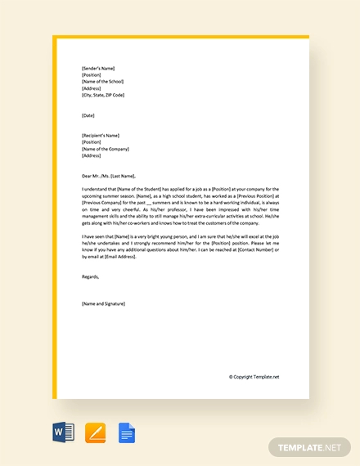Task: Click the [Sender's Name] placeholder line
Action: tap(98, 69)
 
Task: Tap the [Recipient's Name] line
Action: tap(101, 135)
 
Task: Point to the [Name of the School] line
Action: tap(101, 82)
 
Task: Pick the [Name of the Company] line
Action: tap(104, 148)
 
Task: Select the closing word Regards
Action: tap(91, 276)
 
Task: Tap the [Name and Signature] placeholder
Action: tap(104, 303)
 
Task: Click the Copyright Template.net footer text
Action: tap(254, 377)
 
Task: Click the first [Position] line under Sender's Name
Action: tap(92, 75)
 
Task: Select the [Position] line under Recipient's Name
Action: tap(92, 141)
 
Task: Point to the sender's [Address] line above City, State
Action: tap(91, 88)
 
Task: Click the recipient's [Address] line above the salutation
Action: tap(91, 155)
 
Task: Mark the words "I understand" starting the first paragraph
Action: tap(93, 189)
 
